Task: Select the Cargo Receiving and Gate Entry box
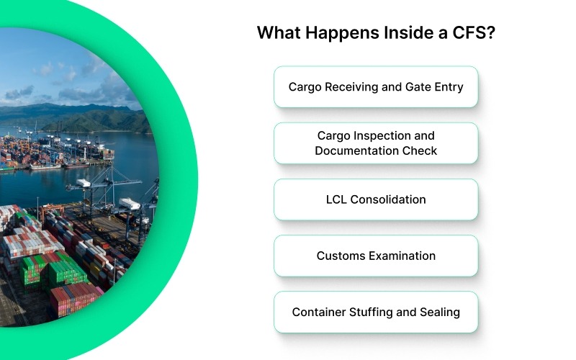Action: click(x=376, y=87)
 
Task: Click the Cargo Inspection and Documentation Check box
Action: click(x=376, y=143)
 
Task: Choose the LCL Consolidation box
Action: click(x=376, y=199)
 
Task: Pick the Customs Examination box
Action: click(x=376, y=256)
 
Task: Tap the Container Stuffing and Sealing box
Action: click(x=376, y=312)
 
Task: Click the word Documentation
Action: click(x=376, y=151)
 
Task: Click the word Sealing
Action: click(x=438, y=312)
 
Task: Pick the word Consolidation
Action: click(x=388, y=199)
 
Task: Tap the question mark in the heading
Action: click(x=490, y=33)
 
